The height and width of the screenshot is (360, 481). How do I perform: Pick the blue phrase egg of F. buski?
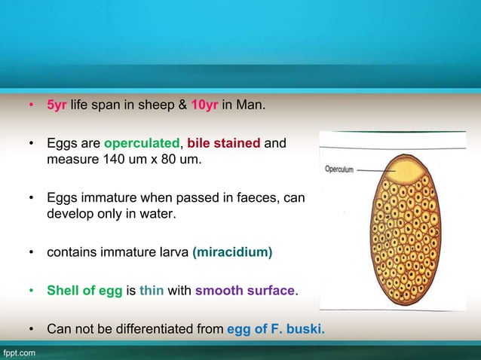point(276,328)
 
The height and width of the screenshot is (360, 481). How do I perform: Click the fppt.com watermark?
point(18,352)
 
